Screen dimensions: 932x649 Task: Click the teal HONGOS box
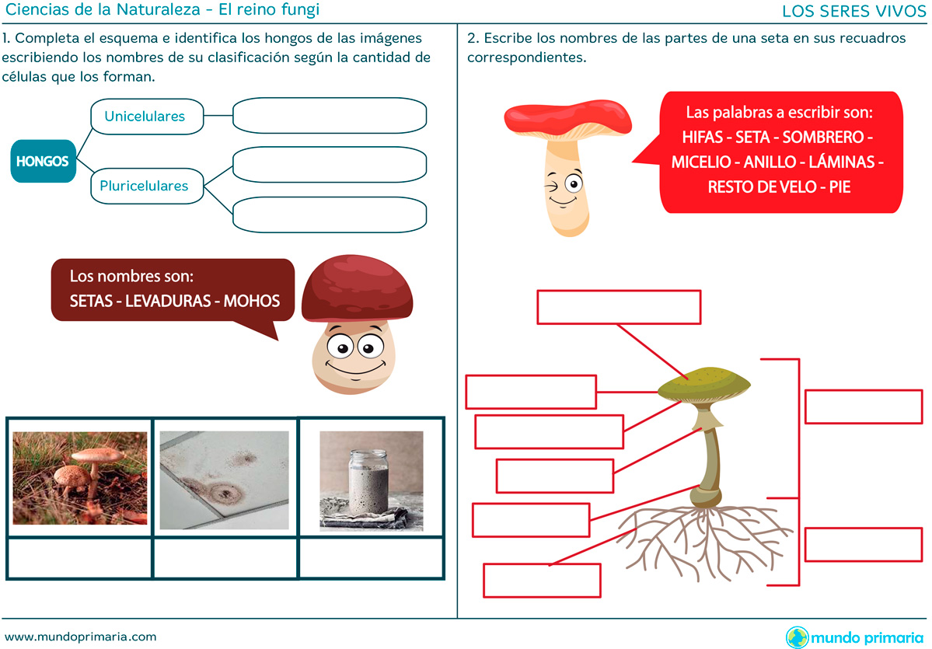[44, 161]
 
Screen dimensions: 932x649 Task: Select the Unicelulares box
[147, 116]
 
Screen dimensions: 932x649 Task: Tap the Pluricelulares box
[147, 186]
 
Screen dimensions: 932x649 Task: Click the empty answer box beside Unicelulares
[330, 115]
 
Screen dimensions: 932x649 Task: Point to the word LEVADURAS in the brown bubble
[169, 301]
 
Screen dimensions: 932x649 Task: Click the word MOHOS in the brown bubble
[251, 301]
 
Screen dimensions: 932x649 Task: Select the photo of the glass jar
[372, 480]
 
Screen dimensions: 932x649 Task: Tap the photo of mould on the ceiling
[225, 480]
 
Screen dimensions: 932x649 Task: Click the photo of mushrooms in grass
[80, 478]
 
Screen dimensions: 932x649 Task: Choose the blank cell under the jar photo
[371, 557]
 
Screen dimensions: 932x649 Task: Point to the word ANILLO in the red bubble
[770, 162]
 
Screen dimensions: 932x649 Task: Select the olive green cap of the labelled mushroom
[704, 385]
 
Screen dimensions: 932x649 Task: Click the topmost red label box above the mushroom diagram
[619, 307]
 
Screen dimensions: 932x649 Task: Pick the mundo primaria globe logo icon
[797, 637]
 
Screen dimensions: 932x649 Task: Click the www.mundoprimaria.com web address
[81, 637]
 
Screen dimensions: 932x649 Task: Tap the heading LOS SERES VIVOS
[854, 11]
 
